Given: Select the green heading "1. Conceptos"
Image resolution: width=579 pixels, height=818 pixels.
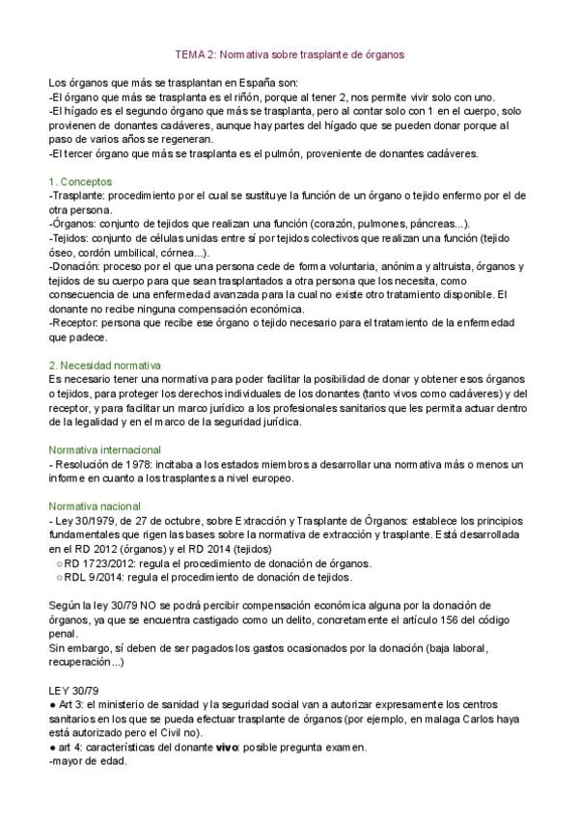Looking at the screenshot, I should pyautogui.click(x=80, y=181).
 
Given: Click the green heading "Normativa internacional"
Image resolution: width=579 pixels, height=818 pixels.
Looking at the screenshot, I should pyautogui.click(x=104, y=450).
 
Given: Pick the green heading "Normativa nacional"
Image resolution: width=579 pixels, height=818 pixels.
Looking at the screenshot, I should pyautogui.click(x=95, y=505).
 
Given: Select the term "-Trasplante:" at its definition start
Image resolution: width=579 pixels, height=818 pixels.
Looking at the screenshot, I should pyautogui.click(x=77, y=195).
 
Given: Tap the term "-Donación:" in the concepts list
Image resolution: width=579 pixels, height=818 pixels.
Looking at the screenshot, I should pyautogui.click(x=75, y=265).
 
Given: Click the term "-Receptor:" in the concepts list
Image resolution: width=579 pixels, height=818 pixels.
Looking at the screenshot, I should pyautogui.click(x=76, y=322).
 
